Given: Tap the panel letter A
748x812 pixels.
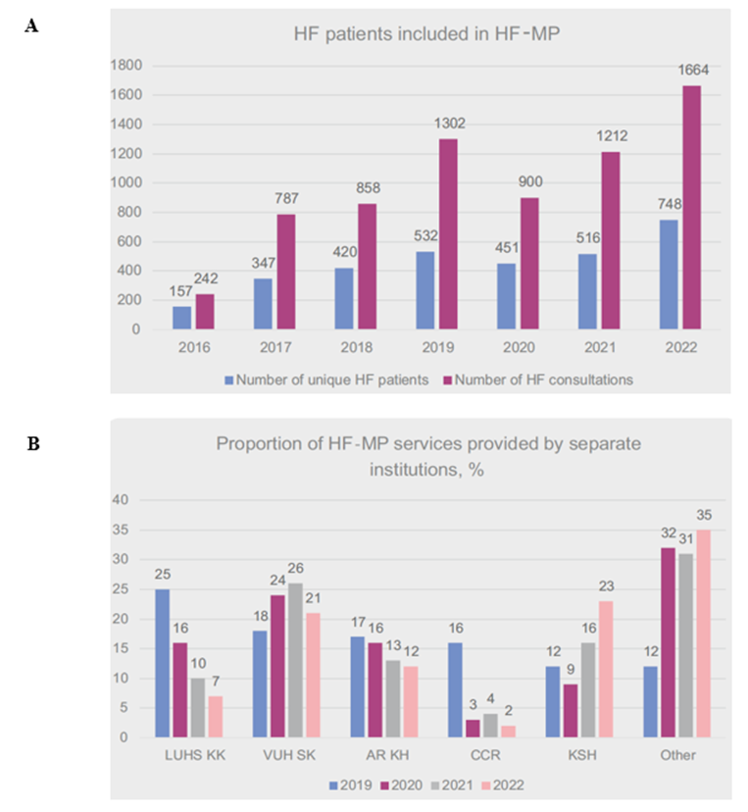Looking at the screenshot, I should point(32,26).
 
